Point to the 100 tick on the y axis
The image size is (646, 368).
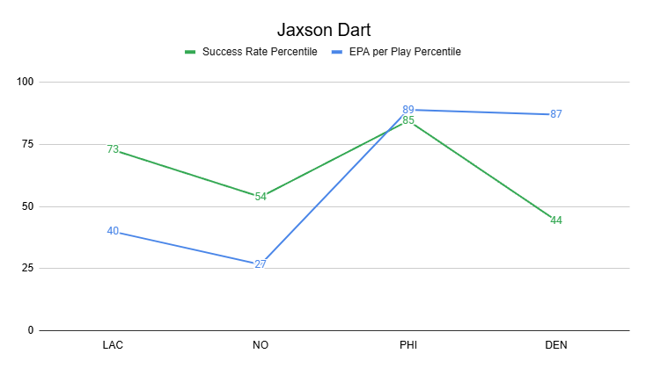coord(24,83)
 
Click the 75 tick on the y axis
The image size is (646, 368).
coord(26,145)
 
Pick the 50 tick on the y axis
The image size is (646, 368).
coord(26,207)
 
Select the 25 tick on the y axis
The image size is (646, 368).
coord(26,269)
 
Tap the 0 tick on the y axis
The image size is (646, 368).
coord(29,331)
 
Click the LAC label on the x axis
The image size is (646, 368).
coord(113,345)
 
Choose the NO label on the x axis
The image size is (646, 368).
coord(261,345)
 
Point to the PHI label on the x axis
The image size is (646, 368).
coord(408,345)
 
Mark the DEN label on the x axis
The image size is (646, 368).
coord(555,345)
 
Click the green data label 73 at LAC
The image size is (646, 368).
coord(113,149)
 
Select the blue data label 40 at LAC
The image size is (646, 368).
coord(113,231)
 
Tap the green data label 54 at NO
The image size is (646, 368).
coord(261,197)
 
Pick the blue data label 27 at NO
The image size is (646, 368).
coord(261,263)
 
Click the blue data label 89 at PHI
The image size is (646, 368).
coord(408,109)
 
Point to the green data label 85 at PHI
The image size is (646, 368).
coord(408,120)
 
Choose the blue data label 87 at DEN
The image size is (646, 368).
coord(555,114)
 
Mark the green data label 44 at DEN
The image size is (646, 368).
coord(555,220)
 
